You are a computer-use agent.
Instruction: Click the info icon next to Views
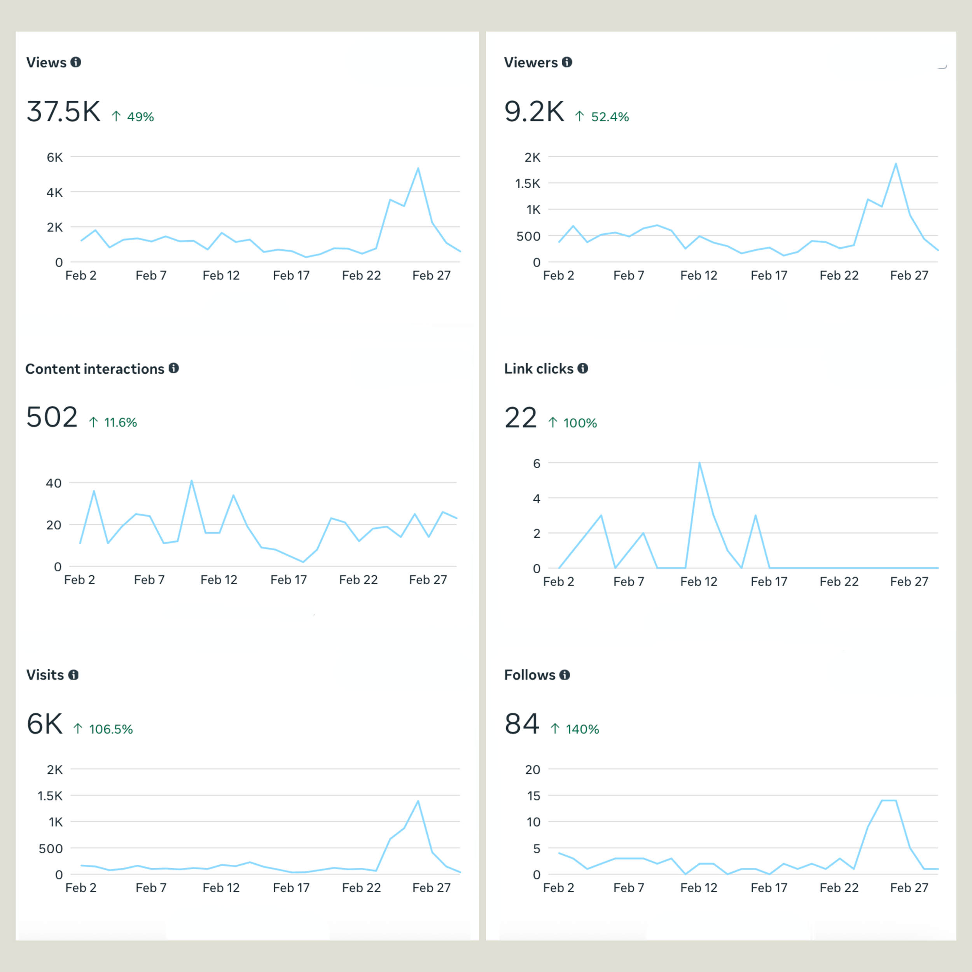(75, 62)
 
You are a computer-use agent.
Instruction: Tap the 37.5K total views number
(63, 111)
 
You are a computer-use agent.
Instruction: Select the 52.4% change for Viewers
(609, 117)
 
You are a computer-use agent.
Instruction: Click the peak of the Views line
(418, 168)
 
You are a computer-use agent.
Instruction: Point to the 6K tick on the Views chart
(54, 157)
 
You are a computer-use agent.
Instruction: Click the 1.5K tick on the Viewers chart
(527, 184)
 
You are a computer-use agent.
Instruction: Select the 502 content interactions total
(52, 417)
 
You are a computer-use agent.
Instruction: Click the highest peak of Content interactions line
(192, 481)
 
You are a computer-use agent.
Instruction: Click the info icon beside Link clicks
(582, 368)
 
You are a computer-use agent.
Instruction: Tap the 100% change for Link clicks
(580, 423)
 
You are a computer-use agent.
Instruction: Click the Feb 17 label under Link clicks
(769, 582)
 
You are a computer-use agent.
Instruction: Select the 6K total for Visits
(45, 724)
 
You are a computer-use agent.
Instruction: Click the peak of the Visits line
(418, 801)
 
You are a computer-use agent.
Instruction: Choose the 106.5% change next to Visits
(111, 729)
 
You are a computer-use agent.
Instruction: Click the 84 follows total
(522, 724)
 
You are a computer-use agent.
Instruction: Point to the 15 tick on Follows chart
(533, 796)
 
